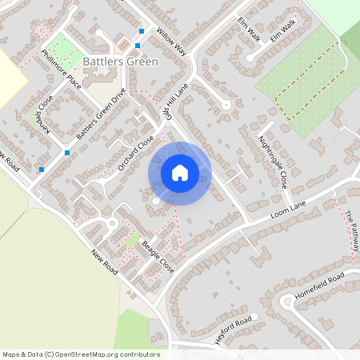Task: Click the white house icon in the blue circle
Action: (179, 172)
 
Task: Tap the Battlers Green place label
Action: (120, 62)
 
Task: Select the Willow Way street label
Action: (171, 43)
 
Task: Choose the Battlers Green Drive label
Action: (102, 114)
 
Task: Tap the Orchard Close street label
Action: (135, 153)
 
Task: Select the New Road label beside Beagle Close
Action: (105, 262)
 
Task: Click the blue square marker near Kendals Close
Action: (42, 169)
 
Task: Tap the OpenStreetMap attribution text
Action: (81, 354)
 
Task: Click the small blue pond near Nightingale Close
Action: (263, 194)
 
